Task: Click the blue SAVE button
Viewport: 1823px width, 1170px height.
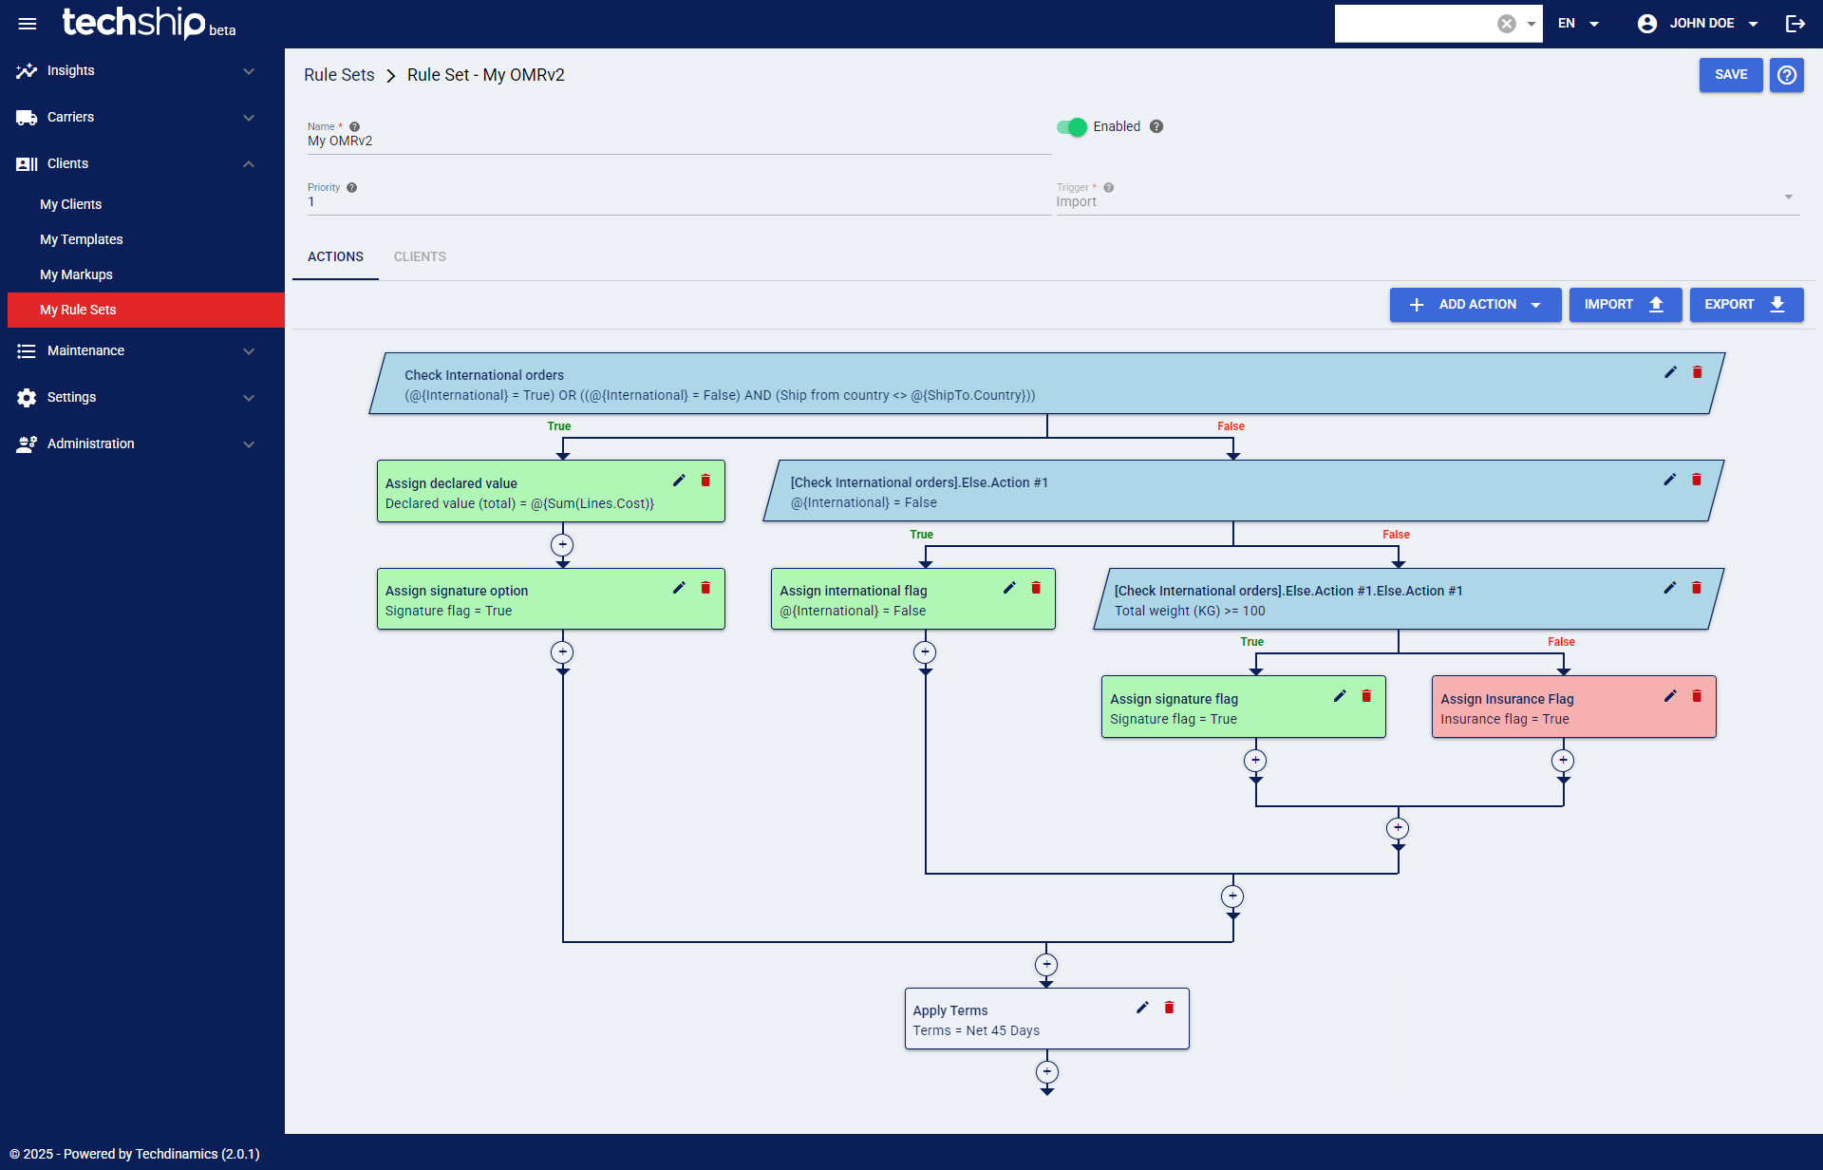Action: pos(1730,75)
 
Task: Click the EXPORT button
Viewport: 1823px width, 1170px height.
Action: pos(1745,305)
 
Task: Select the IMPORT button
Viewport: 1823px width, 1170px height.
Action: pos(1625,305)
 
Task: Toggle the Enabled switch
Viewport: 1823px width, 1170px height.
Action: pos(1072,127)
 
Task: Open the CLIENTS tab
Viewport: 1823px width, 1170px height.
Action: pos(420,257)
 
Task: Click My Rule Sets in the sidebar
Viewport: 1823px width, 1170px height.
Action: pos(78,311)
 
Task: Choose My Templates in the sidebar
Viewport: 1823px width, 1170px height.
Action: pos(82,240)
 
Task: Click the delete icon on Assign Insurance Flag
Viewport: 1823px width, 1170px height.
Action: pos(1697,697)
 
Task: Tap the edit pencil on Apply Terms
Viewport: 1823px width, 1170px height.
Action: pos(1142,1008)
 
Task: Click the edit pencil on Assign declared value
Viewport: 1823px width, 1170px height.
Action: pos(679,481)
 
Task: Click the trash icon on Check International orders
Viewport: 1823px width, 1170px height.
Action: pos(1697,372)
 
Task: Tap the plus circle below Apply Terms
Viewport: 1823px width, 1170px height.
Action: pos(1046,1072)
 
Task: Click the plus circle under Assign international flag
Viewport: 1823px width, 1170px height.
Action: pos(925,652)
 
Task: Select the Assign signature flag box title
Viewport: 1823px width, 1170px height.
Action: pos(1174,699)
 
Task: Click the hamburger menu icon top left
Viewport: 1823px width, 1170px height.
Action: pos(28,24)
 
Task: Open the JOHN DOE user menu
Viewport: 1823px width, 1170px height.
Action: pos(1699,24)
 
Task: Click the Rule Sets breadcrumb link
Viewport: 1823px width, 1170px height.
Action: pos(339,75)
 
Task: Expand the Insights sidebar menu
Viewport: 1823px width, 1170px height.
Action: pos(133,71)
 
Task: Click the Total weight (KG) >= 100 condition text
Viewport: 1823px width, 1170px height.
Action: pos(1190,612)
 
